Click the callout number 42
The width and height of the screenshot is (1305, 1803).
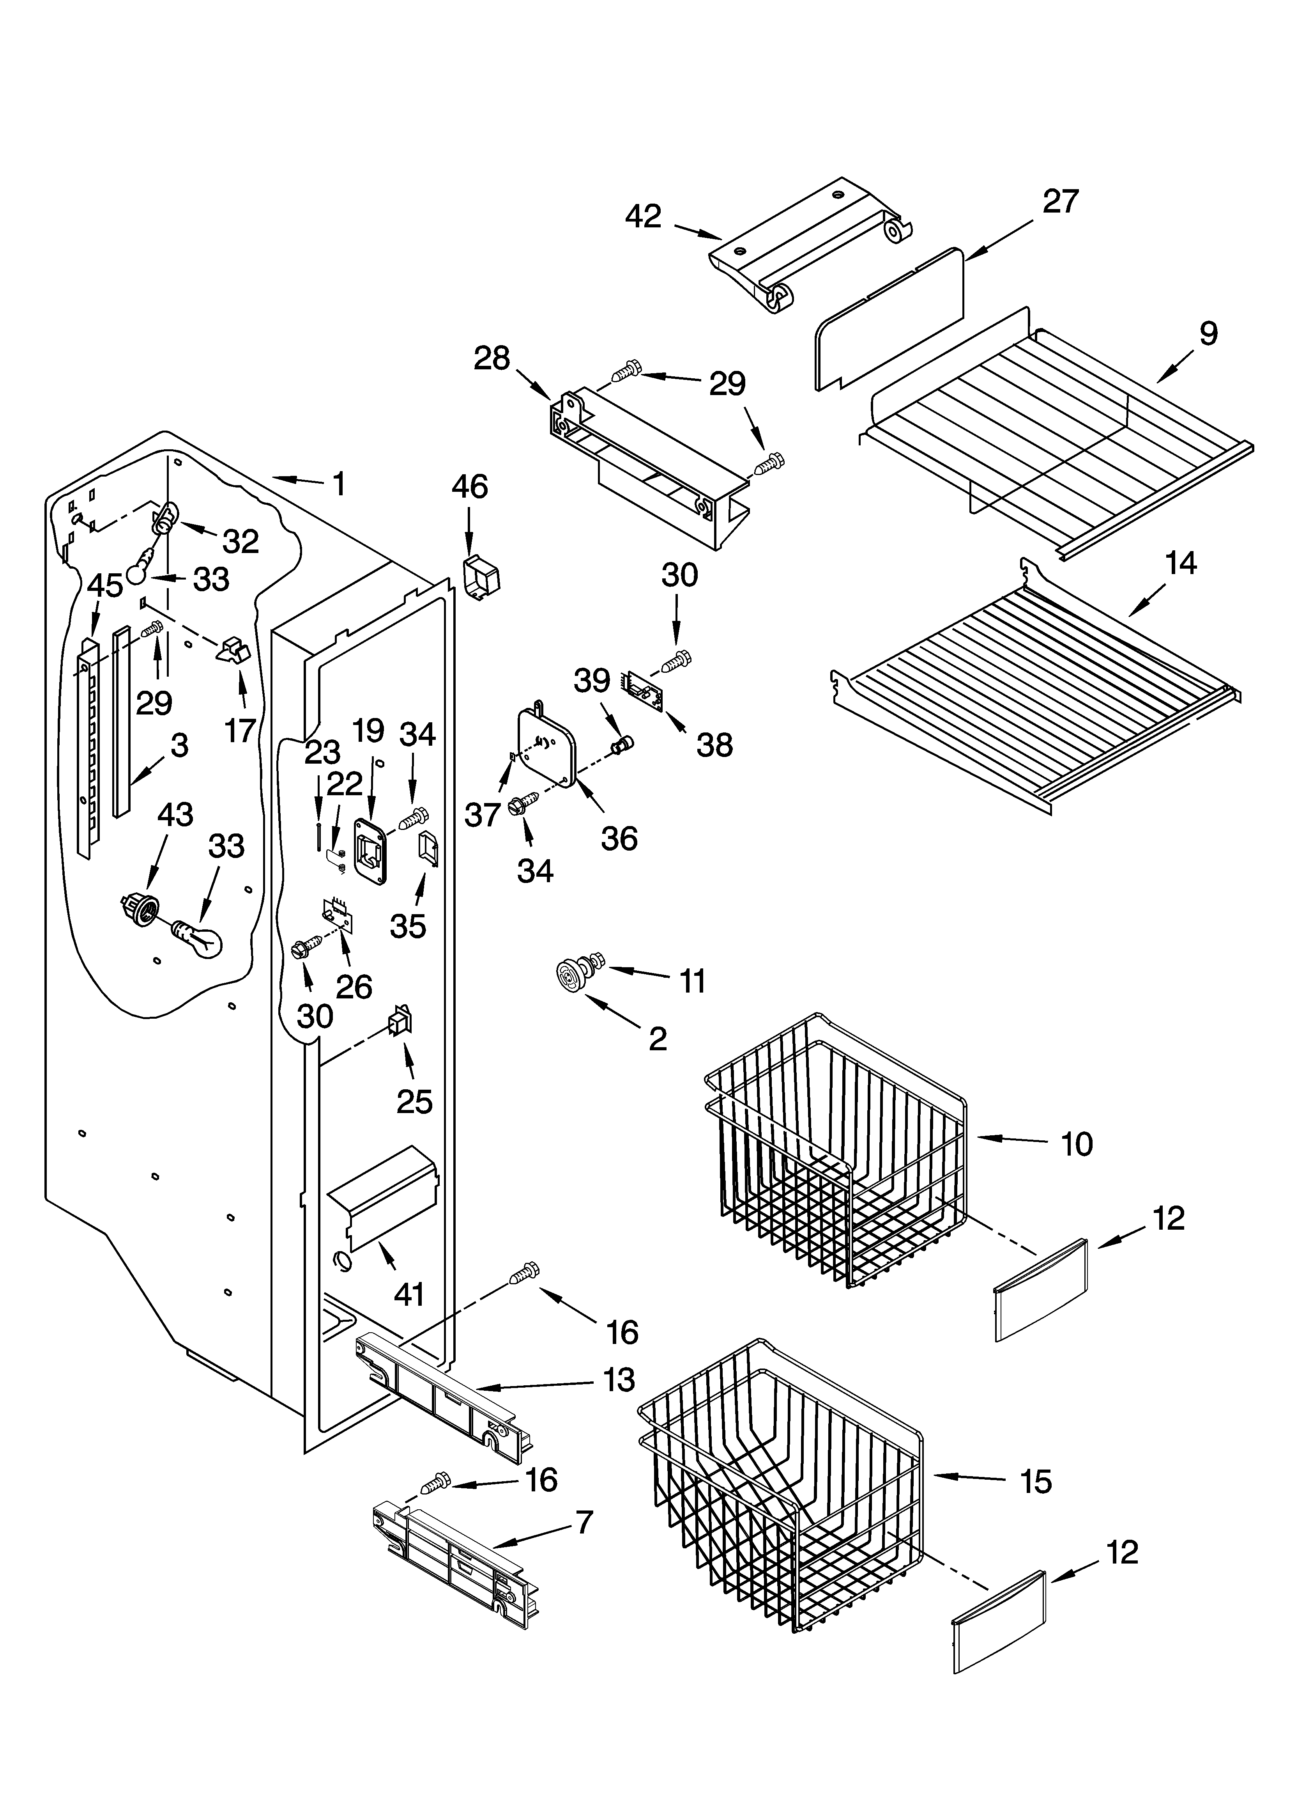tap(643, 216)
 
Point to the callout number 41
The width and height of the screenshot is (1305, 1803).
tap(409, 1295)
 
